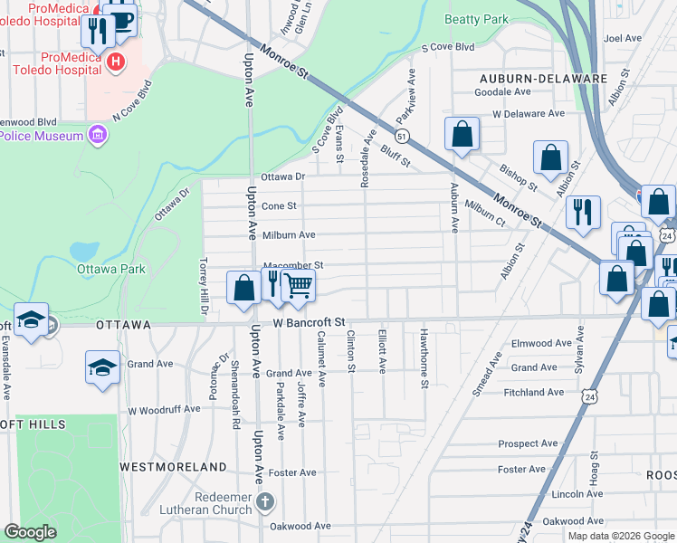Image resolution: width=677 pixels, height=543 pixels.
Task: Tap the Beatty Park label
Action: pos(477,19)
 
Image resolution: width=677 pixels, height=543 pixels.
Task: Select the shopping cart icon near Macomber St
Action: pos(298,287)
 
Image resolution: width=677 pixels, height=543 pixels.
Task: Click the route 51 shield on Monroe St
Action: pos(402,135)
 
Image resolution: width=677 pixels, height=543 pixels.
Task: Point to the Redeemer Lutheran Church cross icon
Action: pos(265,501)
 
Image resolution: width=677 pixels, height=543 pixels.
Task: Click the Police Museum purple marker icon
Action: pos(97,136)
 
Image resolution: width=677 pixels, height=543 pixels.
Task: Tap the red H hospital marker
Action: pos(115,62)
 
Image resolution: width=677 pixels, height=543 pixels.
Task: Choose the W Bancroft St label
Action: pos(310,321)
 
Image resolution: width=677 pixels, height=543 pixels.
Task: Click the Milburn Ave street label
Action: pos(289,234)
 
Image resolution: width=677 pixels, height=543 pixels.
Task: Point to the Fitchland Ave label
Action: pos(535,392)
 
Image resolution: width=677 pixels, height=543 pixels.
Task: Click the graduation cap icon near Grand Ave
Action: pos(102,367)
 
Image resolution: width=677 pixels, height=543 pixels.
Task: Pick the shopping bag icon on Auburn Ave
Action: pos(462,135)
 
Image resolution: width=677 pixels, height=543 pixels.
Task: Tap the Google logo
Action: pos(31,532)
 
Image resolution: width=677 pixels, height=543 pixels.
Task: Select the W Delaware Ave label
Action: pos(529,114)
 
